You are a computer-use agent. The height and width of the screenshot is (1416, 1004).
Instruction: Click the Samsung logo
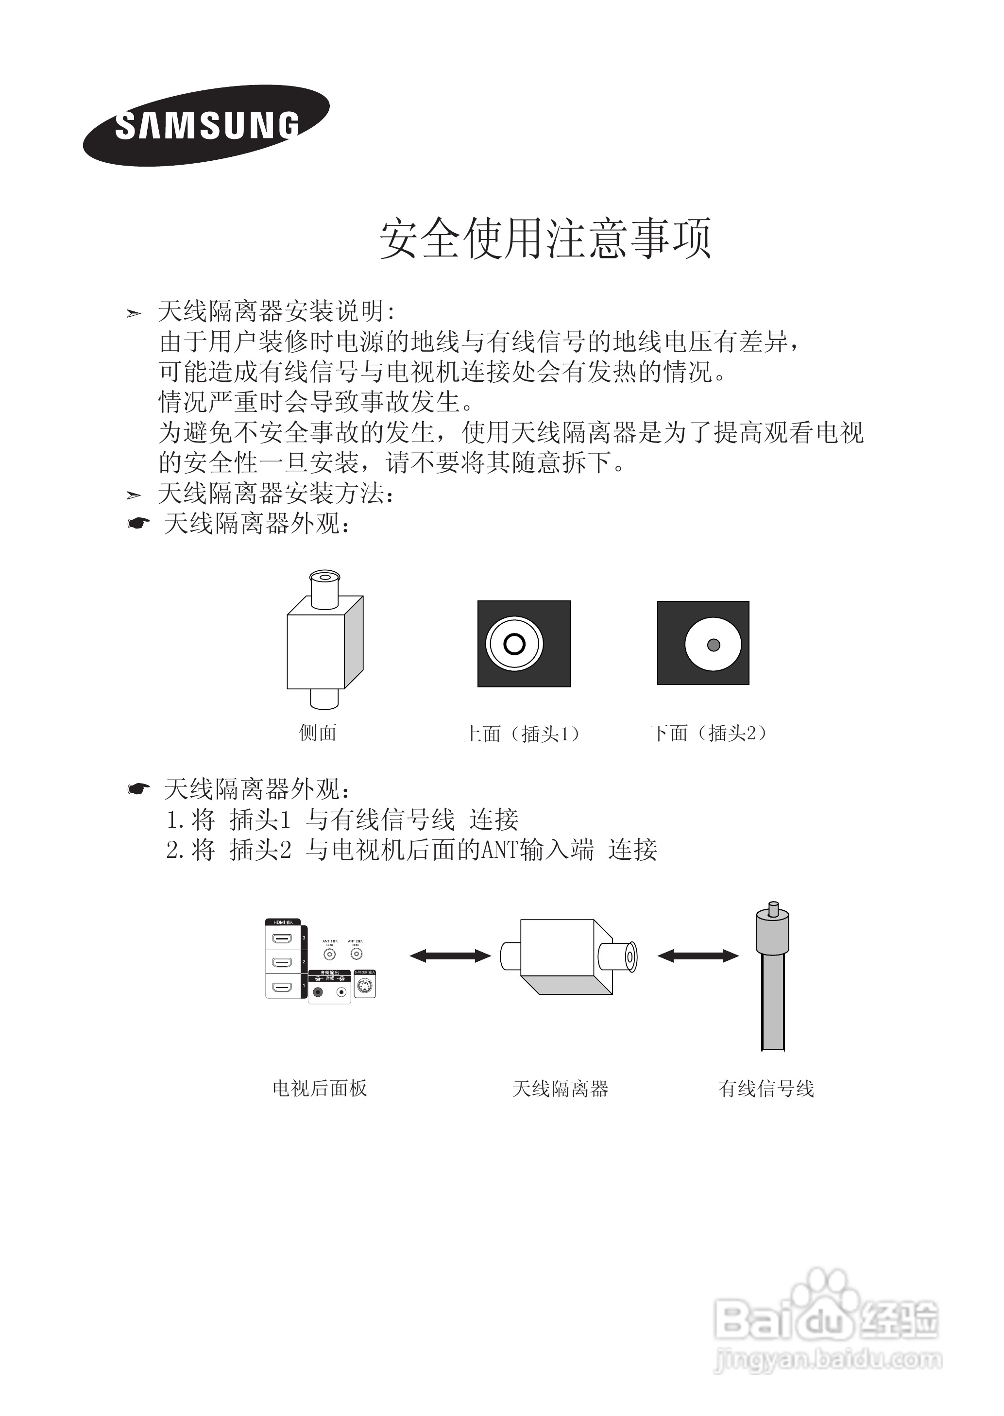click(x=206, y=125)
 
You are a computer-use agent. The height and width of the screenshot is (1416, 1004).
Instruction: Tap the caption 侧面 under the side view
click(x=318, y=733)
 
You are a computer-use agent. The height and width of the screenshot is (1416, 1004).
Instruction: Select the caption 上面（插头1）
click(x=523, y=734)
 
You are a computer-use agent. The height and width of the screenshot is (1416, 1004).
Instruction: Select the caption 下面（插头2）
click(x=709, y=734)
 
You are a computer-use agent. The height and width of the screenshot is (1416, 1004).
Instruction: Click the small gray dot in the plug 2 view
click(x=713, y=645)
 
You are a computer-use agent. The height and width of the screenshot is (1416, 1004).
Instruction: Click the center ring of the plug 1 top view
click(x=514, y=644)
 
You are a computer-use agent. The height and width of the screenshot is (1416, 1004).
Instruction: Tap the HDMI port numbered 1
click(x=283, y=987)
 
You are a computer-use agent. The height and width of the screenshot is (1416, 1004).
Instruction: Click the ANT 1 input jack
click(x=329, y=954)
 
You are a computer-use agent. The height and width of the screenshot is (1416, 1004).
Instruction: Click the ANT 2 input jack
click(x=356, y=954)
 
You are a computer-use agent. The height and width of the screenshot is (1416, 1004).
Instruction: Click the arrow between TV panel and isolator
click(x=450, y=956)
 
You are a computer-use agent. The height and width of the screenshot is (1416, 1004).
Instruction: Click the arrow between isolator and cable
click(x=698, y=956)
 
